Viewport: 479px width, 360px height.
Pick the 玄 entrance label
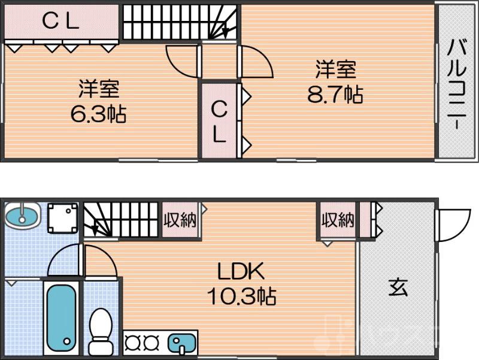pyautogui.click(x=398, y=288)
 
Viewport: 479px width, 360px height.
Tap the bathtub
pyautogui.click(x=61, y=317)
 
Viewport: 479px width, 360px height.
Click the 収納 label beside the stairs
pyautogui.click(x=180, y=220)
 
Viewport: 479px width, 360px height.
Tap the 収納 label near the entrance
pyautogui.click(x=338, y=220)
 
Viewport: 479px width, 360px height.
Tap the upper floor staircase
pyautogui.click(x=180, y=22)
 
